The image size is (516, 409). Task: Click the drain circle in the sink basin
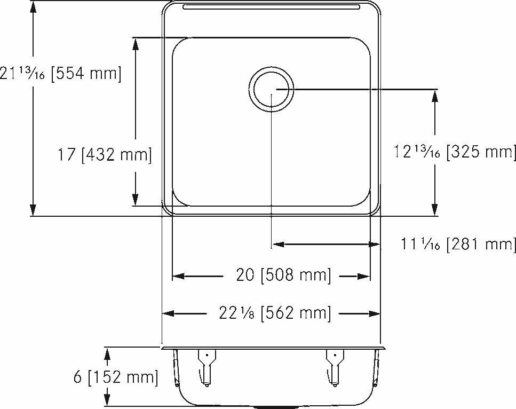pyautogui.click(x=272, y=89)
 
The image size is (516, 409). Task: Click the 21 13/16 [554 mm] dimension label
pyautogui.click(x=60, y=74)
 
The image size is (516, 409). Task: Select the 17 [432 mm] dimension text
pyautogui.click(x=105, y=155)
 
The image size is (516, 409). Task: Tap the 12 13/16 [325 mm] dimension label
pyautogui.click(x=455, y=152)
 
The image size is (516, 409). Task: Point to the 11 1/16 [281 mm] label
pyautogui.click(x=458, y=245)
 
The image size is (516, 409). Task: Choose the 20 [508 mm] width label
pyautogui.click(x=283, y=276)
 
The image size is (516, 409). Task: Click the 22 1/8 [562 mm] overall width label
pyautogui.click(x=274, y=313)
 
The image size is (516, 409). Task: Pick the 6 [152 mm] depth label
pyautogui.click(x=115, y=377)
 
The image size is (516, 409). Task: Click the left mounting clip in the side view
pyautogui.click(x=205, y=365)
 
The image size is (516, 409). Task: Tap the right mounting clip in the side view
pyautogui.click(x=335, y=365)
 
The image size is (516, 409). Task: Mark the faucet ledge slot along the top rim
pyautogui.click(x=272, y=7)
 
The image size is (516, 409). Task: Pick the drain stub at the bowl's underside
pyautogui.click(x=272, y=406)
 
